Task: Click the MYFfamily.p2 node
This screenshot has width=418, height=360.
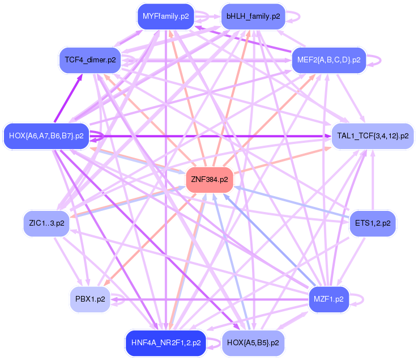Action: [165, 16]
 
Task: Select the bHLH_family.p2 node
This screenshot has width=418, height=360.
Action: [253, 16]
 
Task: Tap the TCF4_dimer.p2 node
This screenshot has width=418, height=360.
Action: [90, 60]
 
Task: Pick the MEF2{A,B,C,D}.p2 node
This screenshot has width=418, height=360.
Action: [329, 60]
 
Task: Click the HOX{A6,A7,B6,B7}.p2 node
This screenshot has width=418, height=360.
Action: [46, 136]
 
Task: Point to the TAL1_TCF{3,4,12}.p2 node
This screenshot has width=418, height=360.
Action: [373, 136]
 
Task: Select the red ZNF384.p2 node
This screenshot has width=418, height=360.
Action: [210, 180]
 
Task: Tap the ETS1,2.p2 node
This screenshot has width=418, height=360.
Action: [373, 223]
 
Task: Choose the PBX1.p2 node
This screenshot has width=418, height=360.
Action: [90, 299]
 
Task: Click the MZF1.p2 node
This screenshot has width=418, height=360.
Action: [329, 299]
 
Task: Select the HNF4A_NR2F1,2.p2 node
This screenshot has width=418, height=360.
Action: [165, 343]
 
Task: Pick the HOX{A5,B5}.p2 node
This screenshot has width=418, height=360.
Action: [253, 343]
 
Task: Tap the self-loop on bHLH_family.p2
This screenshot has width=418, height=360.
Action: [295, 16]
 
